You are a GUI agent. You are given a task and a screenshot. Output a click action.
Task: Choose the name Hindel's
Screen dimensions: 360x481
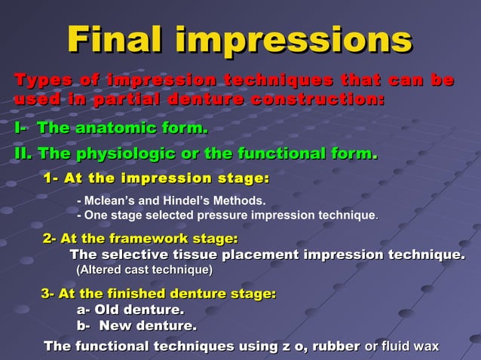[185, 201]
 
